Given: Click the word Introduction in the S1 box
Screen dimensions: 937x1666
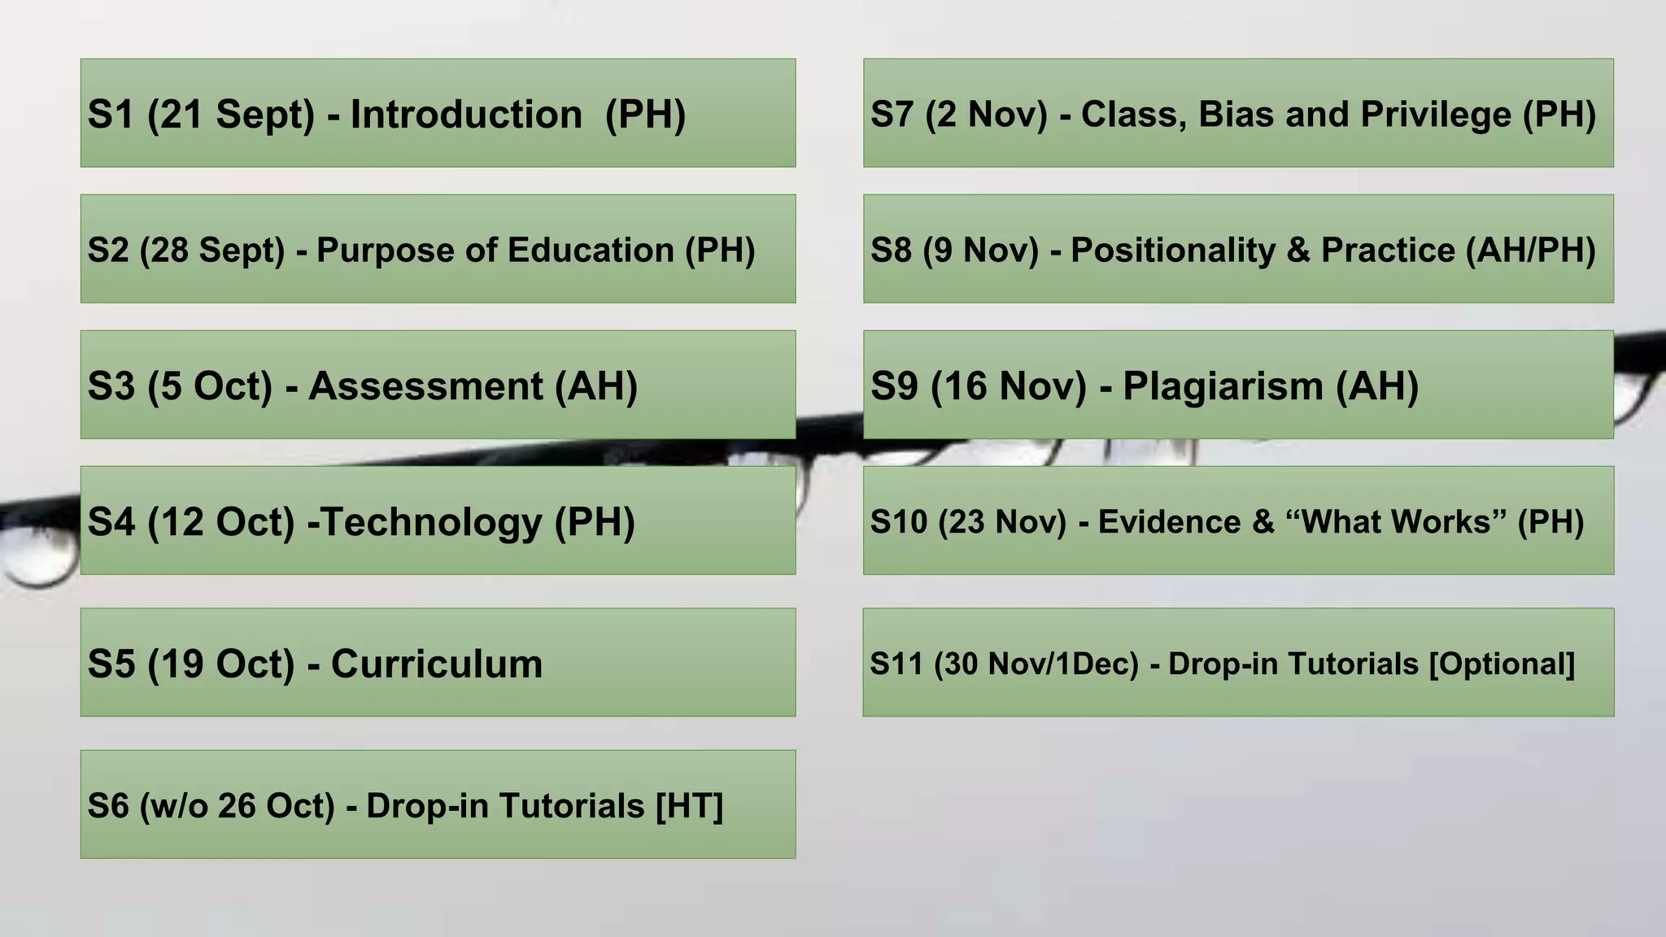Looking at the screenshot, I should click(465, 115).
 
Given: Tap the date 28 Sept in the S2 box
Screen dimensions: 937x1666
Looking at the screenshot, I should click(212, 251).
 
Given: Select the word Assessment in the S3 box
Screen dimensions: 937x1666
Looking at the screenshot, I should click(425, 386).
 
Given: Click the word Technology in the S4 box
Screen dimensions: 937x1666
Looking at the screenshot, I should click(432, 522).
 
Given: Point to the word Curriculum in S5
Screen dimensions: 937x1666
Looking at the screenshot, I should click(437, 665).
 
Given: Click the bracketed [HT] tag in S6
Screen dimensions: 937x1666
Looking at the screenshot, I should click(689, 806).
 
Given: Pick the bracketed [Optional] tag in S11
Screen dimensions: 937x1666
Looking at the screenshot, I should click(1502, 665).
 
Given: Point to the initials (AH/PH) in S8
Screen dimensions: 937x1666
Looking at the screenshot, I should click(1530, 251).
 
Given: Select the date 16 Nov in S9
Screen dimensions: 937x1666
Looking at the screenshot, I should click(1009, 386).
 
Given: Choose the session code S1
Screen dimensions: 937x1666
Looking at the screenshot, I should click(111, 115).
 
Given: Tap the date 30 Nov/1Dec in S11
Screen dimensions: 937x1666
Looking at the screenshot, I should click(1036, 665).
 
